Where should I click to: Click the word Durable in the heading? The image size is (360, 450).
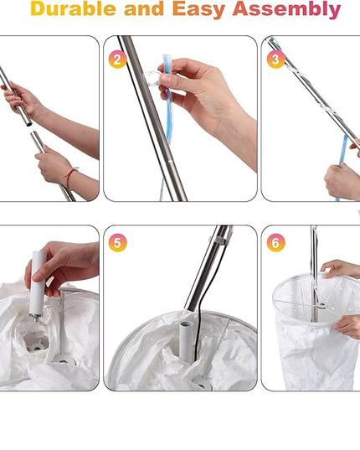73,8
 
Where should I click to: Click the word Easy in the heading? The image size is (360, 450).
199,10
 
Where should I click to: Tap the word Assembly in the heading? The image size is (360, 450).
286,10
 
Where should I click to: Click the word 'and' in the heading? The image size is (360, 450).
145,8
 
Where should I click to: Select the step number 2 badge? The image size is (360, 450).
117,59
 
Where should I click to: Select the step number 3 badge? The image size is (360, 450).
275,59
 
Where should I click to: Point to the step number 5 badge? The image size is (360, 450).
117,243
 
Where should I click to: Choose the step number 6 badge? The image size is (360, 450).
275,243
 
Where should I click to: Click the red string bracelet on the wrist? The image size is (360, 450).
70,176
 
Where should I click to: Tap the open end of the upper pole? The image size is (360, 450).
29,124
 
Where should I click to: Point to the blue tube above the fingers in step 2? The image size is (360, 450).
167,62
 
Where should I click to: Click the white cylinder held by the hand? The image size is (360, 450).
38,283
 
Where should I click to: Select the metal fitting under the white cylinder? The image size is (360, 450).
37,318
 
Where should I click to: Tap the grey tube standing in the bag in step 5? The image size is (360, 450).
187,341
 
